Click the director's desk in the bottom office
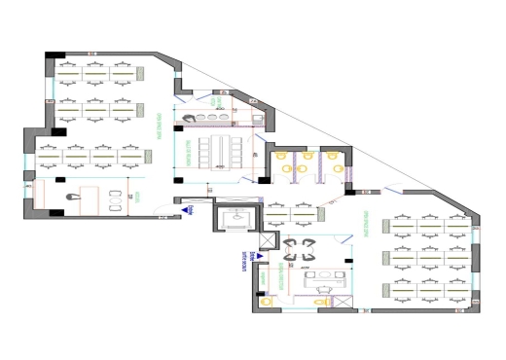(x=321, y=280)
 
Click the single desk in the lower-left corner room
(x=88, y=198)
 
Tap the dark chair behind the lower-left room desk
(x=66, y=196)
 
